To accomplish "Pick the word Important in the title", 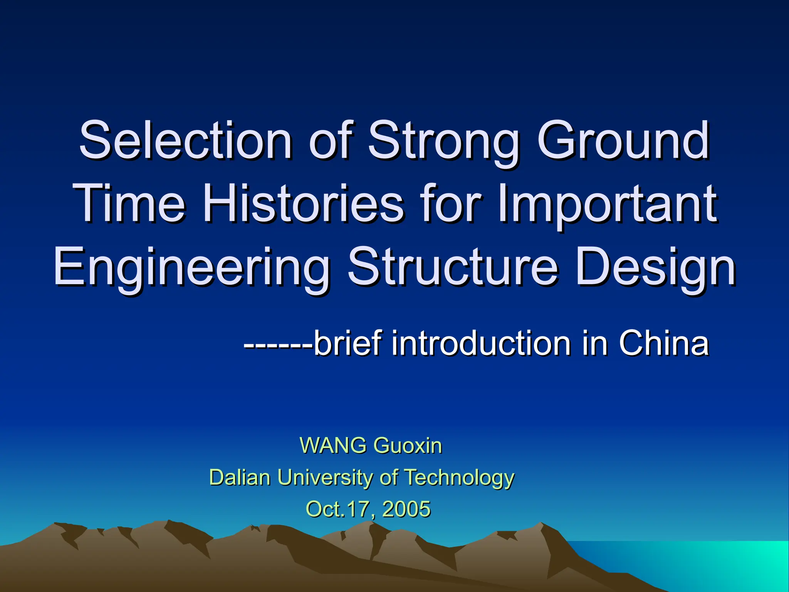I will tap(607, 204).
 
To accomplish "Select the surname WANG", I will tap(333, 446).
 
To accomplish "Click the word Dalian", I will tap(240, 477).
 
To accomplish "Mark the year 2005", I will tap(406, 509).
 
